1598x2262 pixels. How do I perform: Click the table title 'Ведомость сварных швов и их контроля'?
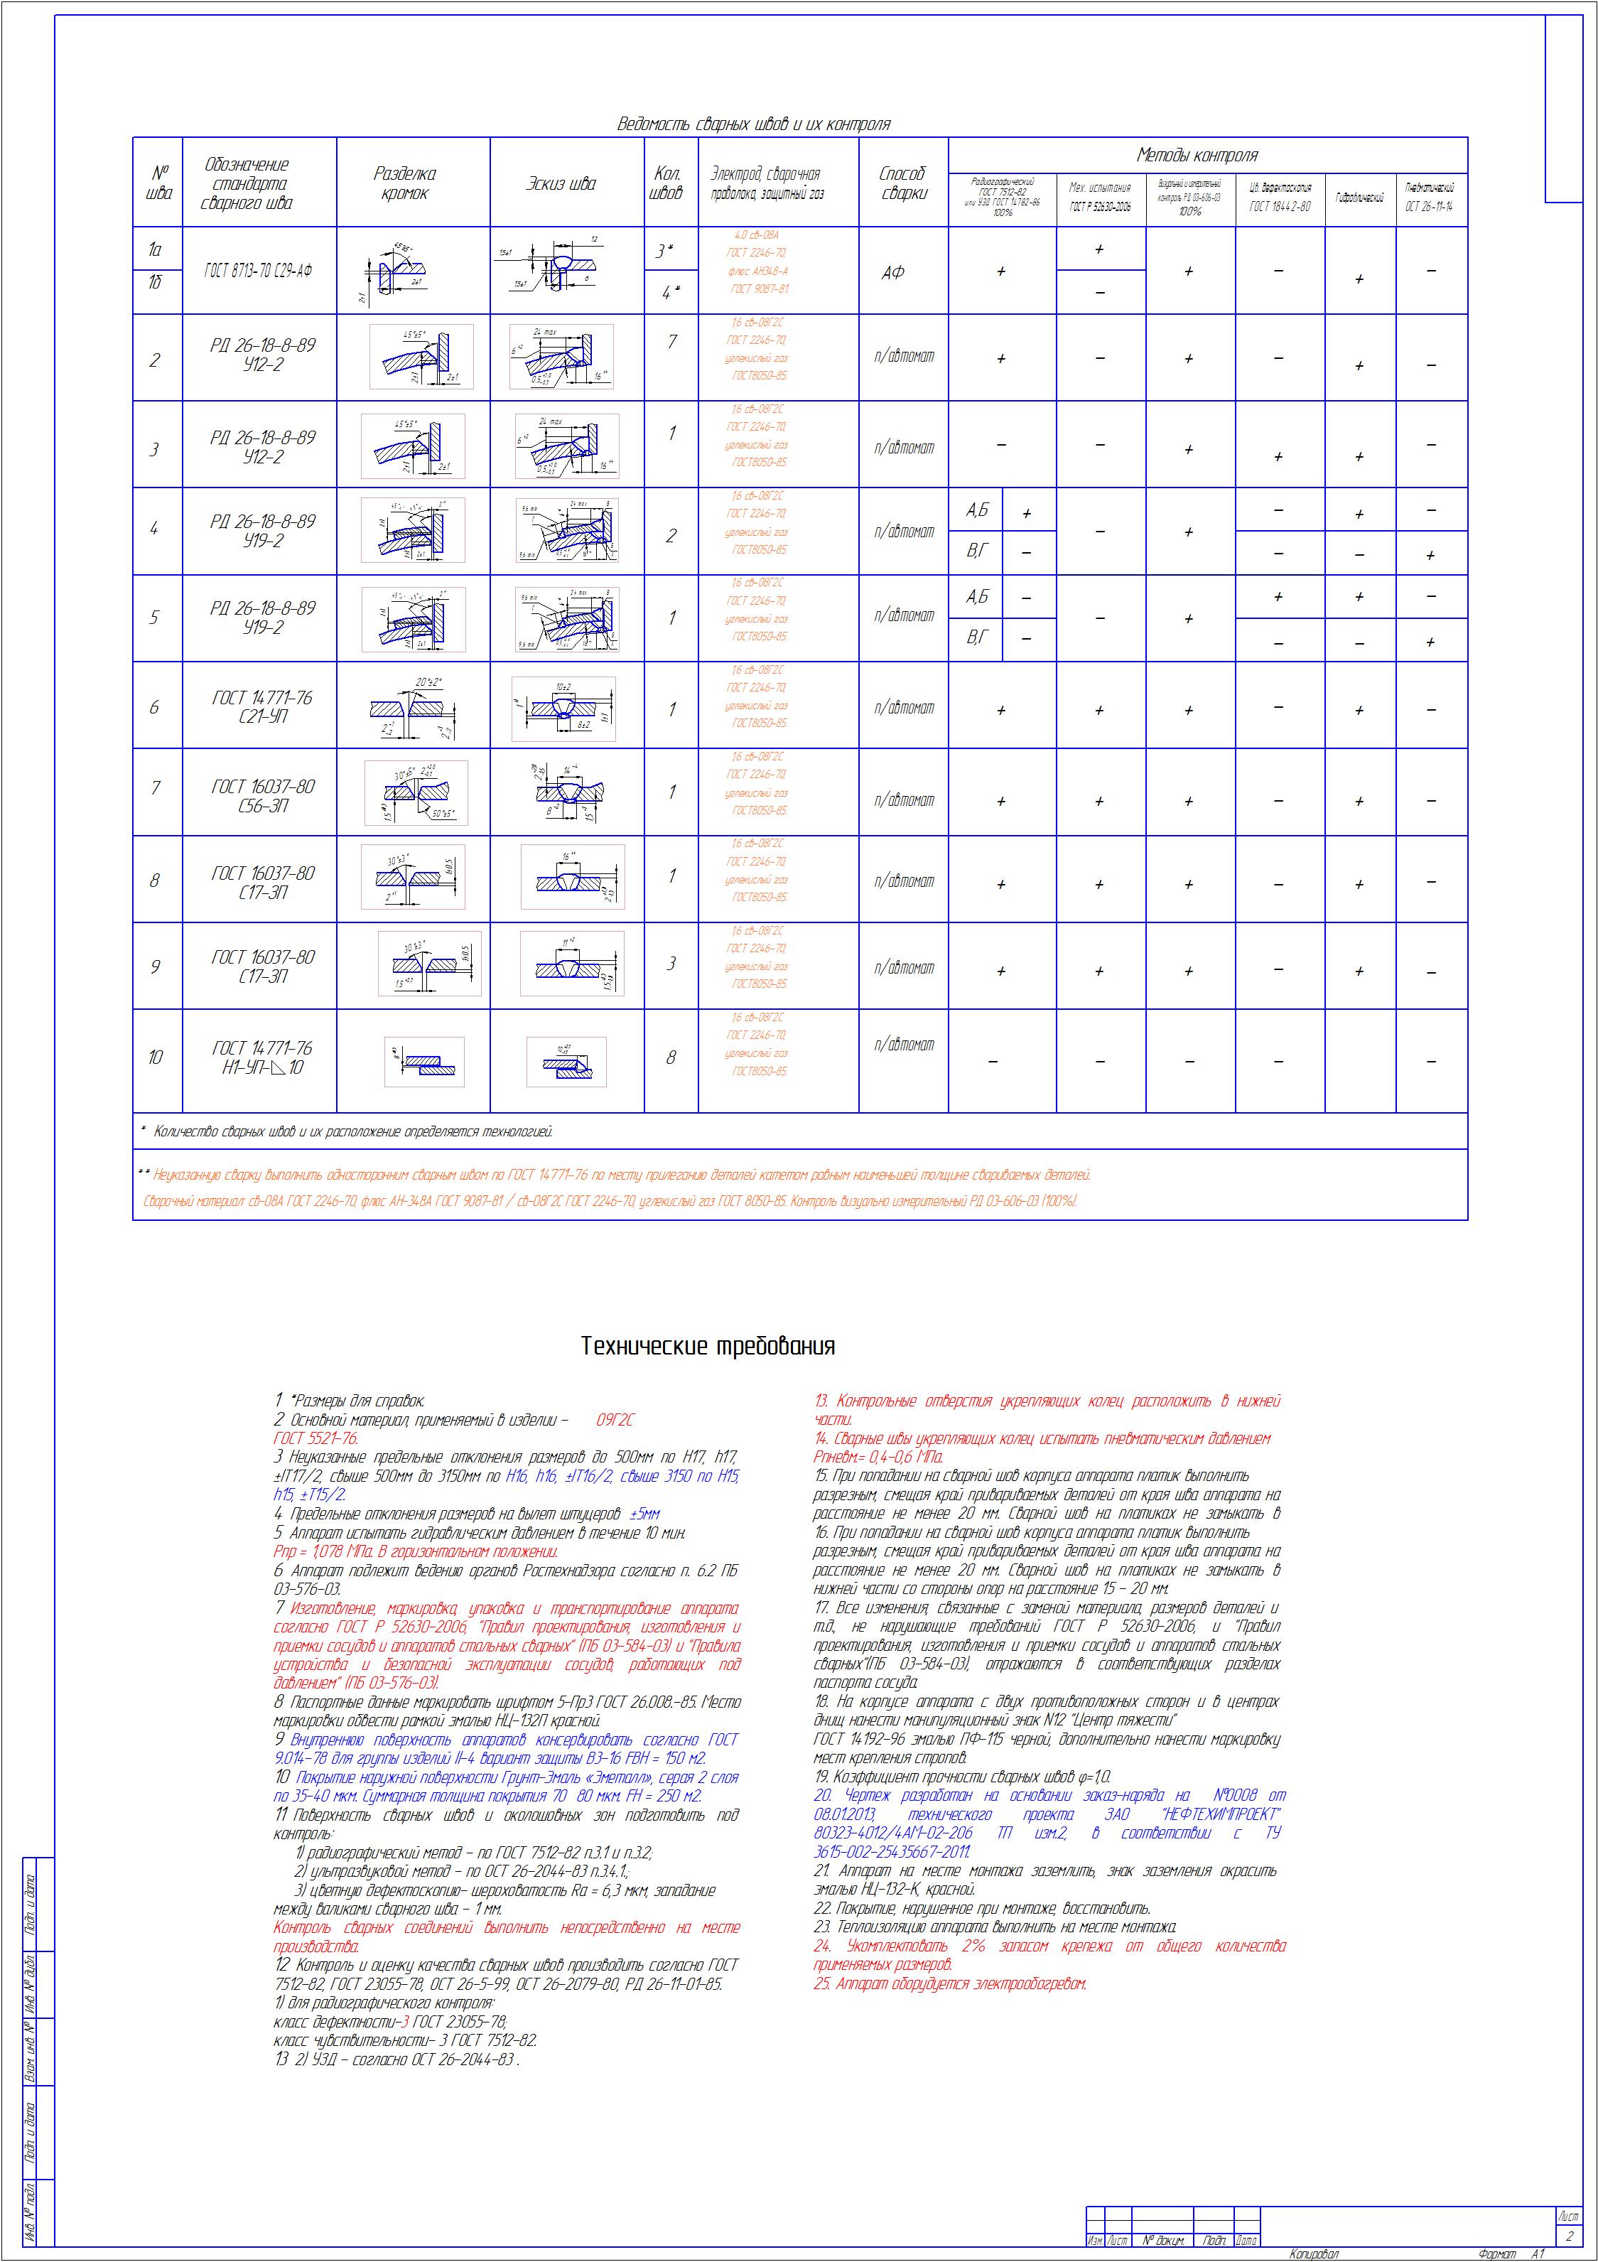754,124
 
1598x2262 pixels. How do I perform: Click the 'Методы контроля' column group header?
1197,155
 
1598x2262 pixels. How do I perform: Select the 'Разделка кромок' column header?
404,183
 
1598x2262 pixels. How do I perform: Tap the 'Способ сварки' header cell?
902,183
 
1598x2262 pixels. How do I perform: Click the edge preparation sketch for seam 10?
423,1062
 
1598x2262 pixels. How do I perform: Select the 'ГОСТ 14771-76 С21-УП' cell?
261,707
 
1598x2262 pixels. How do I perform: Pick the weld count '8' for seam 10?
671,1058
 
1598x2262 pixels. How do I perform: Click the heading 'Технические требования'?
708,1346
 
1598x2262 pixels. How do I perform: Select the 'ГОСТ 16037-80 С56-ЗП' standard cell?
263,796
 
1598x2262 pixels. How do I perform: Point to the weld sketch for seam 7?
563,792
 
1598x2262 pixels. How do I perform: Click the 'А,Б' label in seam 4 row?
976,510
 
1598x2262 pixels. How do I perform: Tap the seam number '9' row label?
155,966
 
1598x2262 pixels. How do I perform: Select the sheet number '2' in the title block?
1568,2236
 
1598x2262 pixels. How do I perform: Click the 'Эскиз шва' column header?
561,183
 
